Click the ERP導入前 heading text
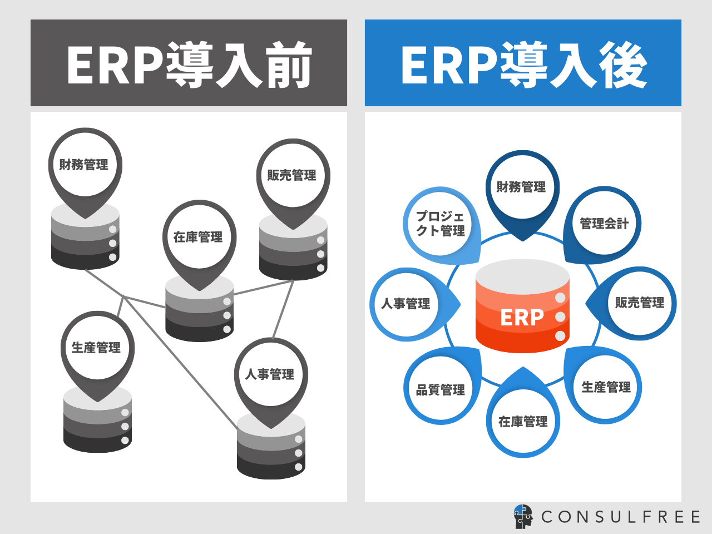coord(189,65)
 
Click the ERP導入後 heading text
coord(523,65)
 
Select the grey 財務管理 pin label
coord(85,165)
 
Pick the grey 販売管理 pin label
coord(293,175)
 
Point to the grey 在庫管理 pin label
coord(199,237)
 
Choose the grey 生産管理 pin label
coord(97,348)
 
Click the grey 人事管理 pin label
coord(270,374)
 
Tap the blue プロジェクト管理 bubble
coord(441,224)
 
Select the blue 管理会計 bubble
coord(605,224)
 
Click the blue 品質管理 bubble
coord(441,390)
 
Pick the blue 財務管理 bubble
coord(522,187)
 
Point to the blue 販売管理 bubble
coord(640,303)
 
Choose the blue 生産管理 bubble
coord(606,387)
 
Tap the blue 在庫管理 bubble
coord(523,422)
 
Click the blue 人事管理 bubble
coord(406,304)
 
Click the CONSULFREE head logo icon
coord(523,517)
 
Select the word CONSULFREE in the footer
coord(621,517)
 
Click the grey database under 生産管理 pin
coord(98,426)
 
